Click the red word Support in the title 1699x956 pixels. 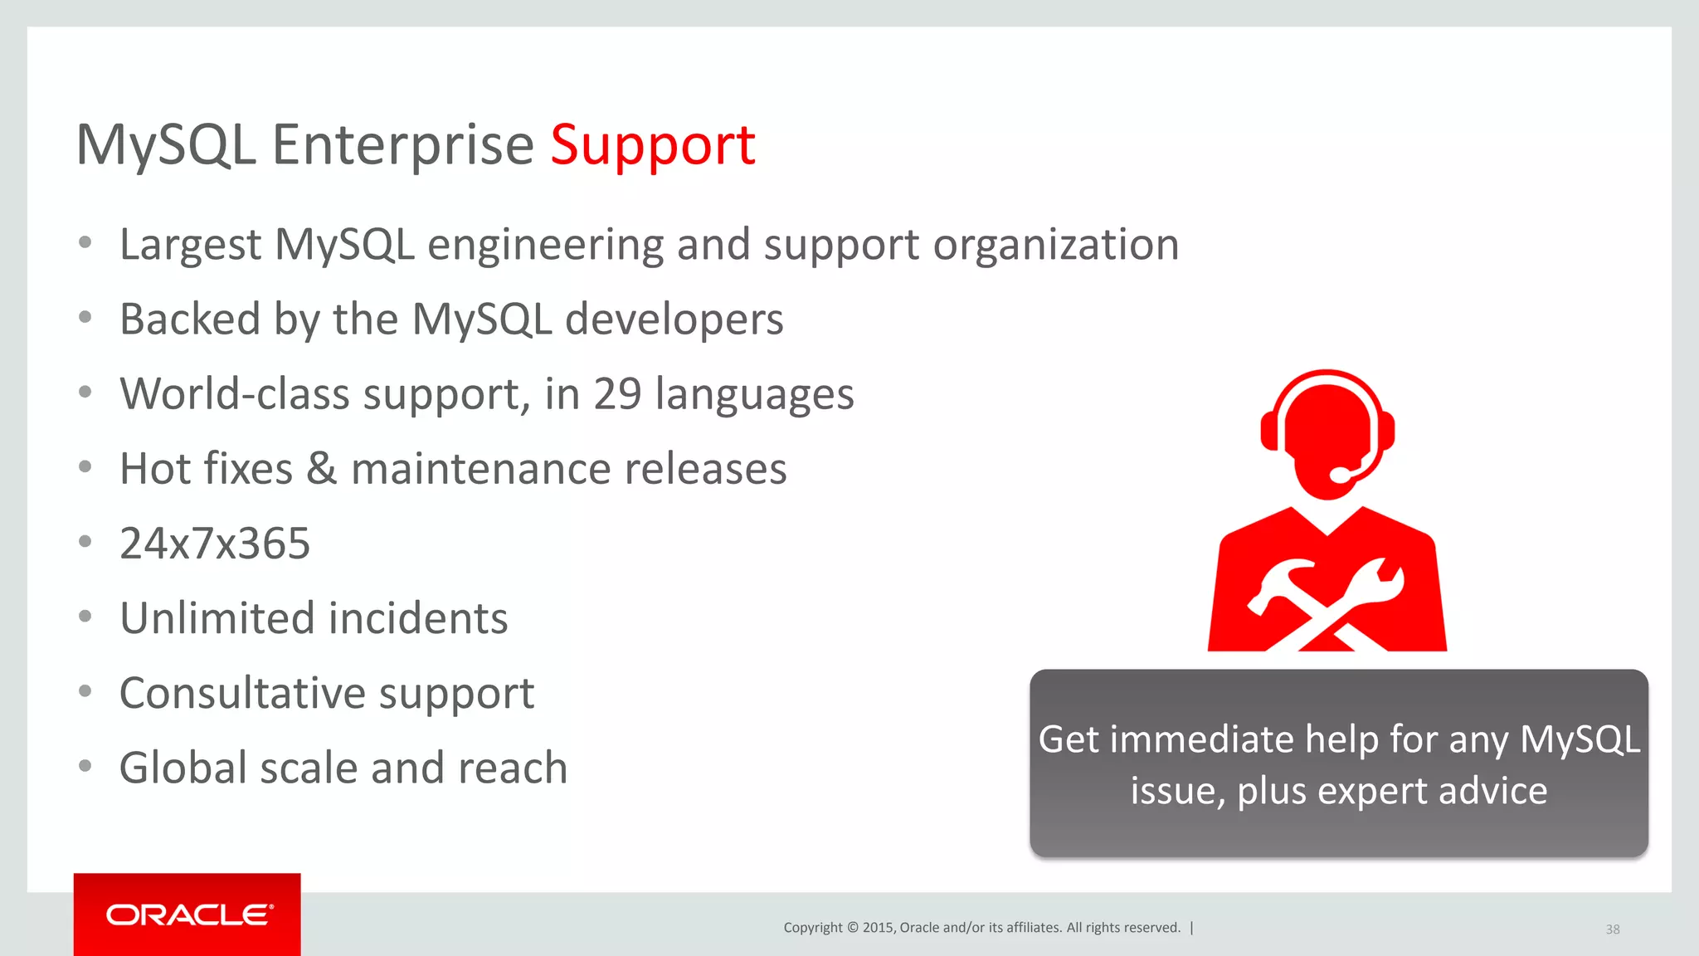point(652,146)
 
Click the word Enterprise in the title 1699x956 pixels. point(402,146)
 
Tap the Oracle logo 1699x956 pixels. point(188,915)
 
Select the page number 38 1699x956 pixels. point(1612,929)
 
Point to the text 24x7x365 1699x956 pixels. point(215,544)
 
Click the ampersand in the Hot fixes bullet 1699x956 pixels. point(321,469)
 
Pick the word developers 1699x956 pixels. point(674,319)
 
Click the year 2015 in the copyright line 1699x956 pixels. point(878,928)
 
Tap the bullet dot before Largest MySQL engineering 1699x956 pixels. point(85,243)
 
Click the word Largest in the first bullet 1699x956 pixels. point(191,245)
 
